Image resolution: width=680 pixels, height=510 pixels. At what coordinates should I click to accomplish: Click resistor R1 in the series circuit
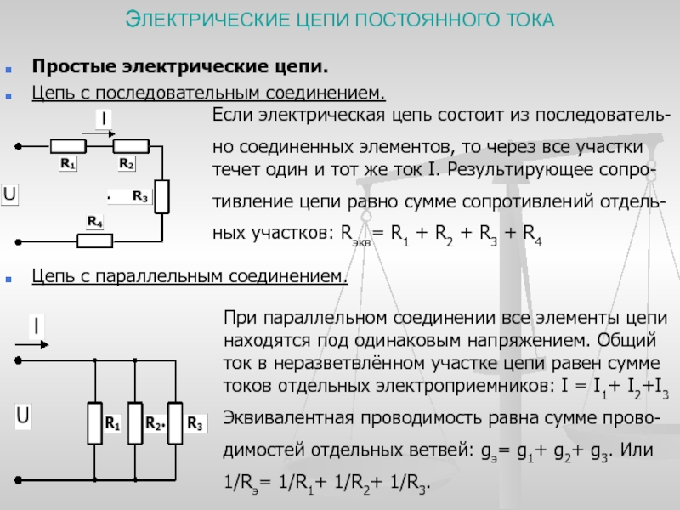click(x=68, y=146)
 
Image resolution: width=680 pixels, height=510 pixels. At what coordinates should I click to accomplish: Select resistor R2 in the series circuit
click(x=131, y=146)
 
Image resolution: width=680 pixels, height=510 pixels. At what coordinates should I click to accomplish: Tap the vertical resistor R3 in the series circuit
click(x=161, y=196)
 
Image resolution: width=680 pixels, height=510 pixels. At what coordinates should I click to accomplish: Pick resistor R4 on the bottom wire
click(x=95, y=241)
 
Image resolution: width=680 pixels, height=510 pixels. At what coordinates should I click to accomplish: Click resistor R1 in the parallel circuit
click(x=95, y=423)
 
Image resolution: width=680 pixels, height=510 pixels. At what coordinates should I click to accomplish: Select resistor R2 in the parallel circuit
click(x=135, y=423)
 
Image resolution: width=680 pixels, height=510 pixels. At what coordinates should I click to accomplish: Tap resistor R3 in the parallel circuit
click(x=175, y=423)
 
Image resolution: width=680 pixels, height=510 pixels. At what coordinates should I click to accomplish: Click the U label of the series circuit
click(x=9, y=194)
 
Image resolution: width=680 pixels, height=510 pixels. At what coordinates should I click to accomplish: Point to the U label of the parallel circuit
click(x=23, y=416)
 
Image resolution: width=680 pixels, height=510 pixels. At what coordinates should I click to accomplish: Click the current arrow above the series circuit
click(x=99, y=134)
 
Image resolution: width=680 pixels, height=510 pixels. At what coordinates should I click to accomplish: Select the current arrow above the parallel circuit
click(x=31, y=345)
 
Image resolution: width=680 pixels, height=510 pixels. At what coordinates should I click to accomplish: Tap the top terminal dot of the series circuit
click(x=18, y=146)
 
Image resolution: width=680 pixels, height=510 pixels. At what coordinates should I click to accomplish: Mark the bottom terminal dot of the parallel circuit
click(x=18, y=480)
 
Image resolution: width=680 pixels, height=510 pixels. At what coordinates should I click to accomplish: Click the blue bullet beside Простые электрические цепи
click(x=8, y=69)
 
